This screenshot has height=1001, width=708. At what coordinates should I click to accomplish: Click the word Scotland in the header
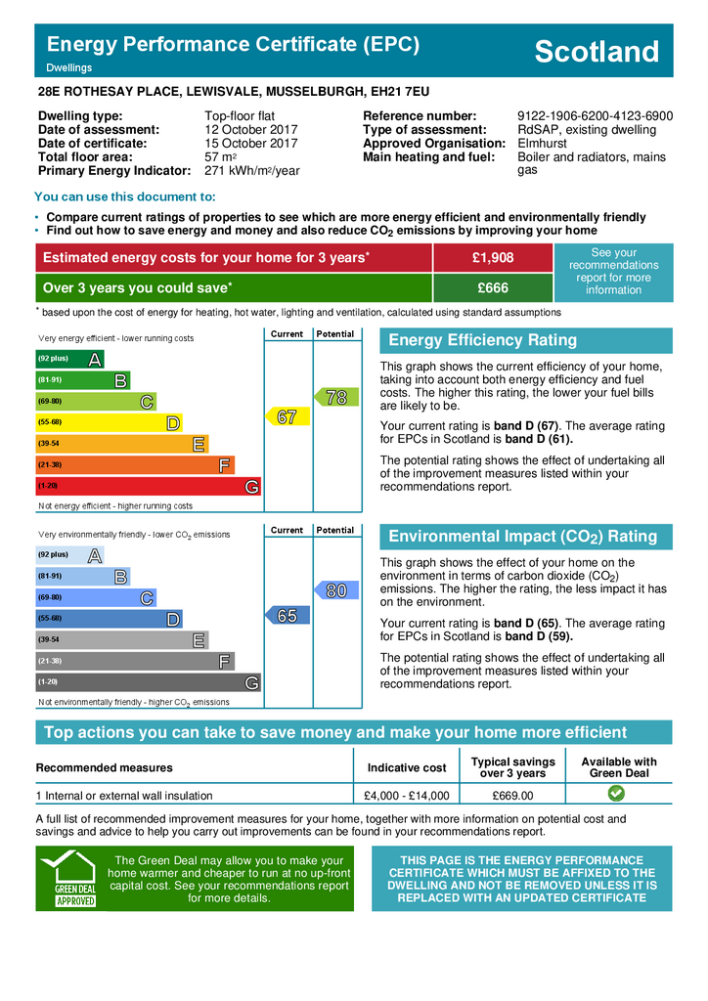tap(597, 52)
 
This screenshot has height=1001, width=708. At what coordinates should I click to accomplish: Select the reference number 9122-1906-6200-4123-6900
tap(595, 116)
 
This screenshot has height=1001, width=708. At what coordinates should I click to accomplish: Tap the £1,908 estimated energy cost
tap(492, 257)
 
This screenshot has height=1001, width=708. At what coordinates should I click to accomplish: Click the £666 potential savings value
tap(492, 288)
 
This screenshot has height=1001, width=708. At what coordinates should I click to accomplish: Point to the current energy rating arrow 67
tap(286, 417)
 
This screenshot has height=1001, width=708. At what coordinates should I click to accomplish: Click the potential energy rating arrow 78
tap(334, 397)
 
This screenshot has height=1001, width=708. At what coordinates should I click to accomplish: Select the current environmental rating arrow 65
tap(286, 616)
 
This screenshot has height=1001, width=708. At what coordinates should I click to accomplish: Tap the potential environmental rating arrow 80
tap(334, 590)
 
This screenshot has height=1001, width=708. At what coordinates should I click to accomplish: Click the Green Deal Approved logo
tap(74, 879)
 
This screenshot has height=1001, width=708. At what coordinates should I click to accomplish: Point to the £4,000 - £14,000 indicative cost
tap(406, 796)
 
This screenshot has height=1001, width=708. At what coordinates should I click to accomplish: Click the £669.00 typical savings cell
tap(512, 796)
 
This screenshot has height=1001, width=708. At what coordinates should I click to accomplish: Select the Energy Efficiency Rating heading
tap(483, 340)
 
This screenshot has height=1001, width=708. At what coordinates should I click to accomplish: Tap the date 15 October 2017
tap(251, 144)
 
